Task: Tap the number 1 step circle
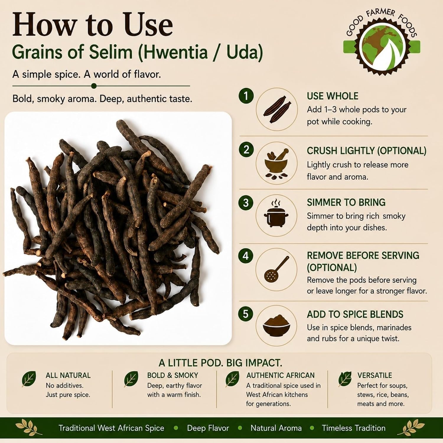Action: tap(246, 96)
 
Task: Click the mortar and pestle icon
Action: tap(276, 164)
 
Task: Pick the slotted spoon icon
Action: tap(276, 269)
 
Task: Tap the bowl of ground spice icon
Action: tap(276, 325)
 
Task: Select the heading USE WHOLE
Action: tap(333, 96)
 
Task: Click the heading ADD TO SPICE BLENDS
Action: tap(355, 314)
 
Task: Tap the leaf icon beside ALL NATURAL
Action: tap(29, 379)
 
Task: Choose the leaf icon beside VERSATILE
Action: tap(345, 379)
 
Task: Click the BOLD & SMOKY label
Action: tap(172, 375)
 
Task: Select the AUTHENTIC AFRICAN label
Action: tap(280, 375)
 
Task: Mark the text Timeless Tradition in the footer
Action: tap(354, 428)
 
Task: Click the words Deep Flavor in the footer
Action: tap(208, 428)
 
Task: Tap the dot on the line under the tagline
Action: tap(94, 86)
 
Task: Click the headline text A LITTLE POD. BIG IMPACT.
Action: tap(220, 363)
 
